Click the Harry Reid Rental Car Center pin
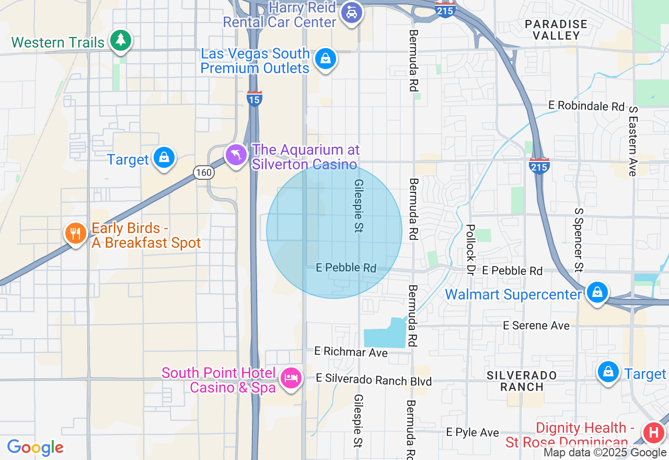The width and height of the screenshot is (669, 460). (352, 13)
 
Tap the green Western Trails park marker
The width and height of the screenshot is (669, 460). (121, 40)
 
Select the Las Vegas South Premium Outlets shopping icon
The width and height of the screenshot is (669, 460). (325, 59)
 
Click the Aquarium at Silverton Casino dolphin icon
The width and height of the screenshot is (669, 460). (236, 155)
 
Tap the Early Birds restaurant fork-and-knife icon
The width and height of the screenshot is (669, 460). (76, 233)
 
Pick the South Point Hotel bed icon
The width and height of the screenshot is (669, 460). (291, 377)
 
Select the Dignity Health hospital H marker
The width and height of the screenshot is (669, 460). (653, 433)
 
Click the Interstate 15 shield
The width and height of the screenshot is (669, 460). (255, 98)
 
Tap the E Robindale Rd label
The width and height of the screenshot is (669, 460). (586, 106)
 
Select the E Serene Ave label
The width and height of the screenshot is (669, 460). (536, 326)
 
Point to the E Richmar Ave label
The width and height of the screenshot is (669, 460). (351, 352)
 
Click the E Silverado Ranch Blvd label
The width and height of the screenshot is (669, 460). (374, 380)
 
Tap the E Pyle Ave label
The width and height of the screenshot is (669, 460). (472, 432)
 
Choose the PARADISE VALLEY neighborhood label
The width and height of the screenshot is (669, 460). (556, 30)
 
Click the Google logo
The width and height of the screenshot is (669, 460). (35, 447)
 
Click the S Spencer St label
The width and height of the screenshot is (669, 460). (578, 240)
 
